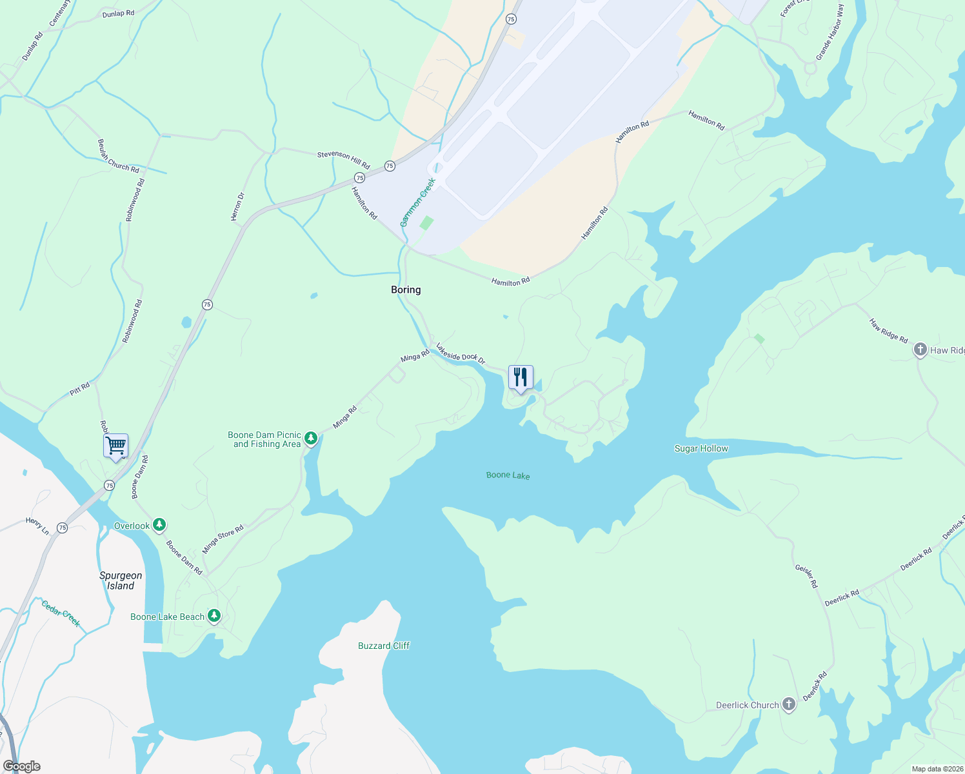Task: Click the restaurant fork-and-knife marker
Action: tap(521, 377)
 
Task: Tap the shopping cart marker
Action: tap(115, 445)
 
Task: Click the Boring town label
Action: tap(406, 290)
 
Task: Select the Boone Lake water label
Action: tap(508, 475)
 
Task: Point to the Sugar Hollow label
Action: tap(701, 448)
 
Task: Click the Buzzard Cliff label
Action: tap(384, 646)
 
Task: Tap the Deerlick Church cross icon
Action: tap(788, 704)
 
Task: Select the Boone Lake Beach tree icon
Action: tap(214, 616)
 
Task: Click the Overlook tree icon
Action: tap(159, 525)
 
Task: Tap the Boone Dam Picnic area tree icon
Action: tap(311, 439)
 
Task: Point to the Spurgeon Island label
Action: tap(121, 580)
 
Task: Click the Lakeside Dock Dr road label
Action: tap(460, 353)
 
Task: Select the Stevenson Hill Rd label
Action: tap(343, 159)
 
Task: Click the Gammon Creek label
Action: tap(418, 203)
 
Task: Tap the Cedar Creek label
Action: tap(61, 613)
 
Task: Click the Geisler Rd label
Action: tap(806, 576)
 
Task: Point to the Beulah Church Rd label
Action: tap(118, 155)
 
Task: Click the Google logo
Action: tap(21, 766)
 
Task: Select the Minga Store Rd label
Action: tap(223, 539)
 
